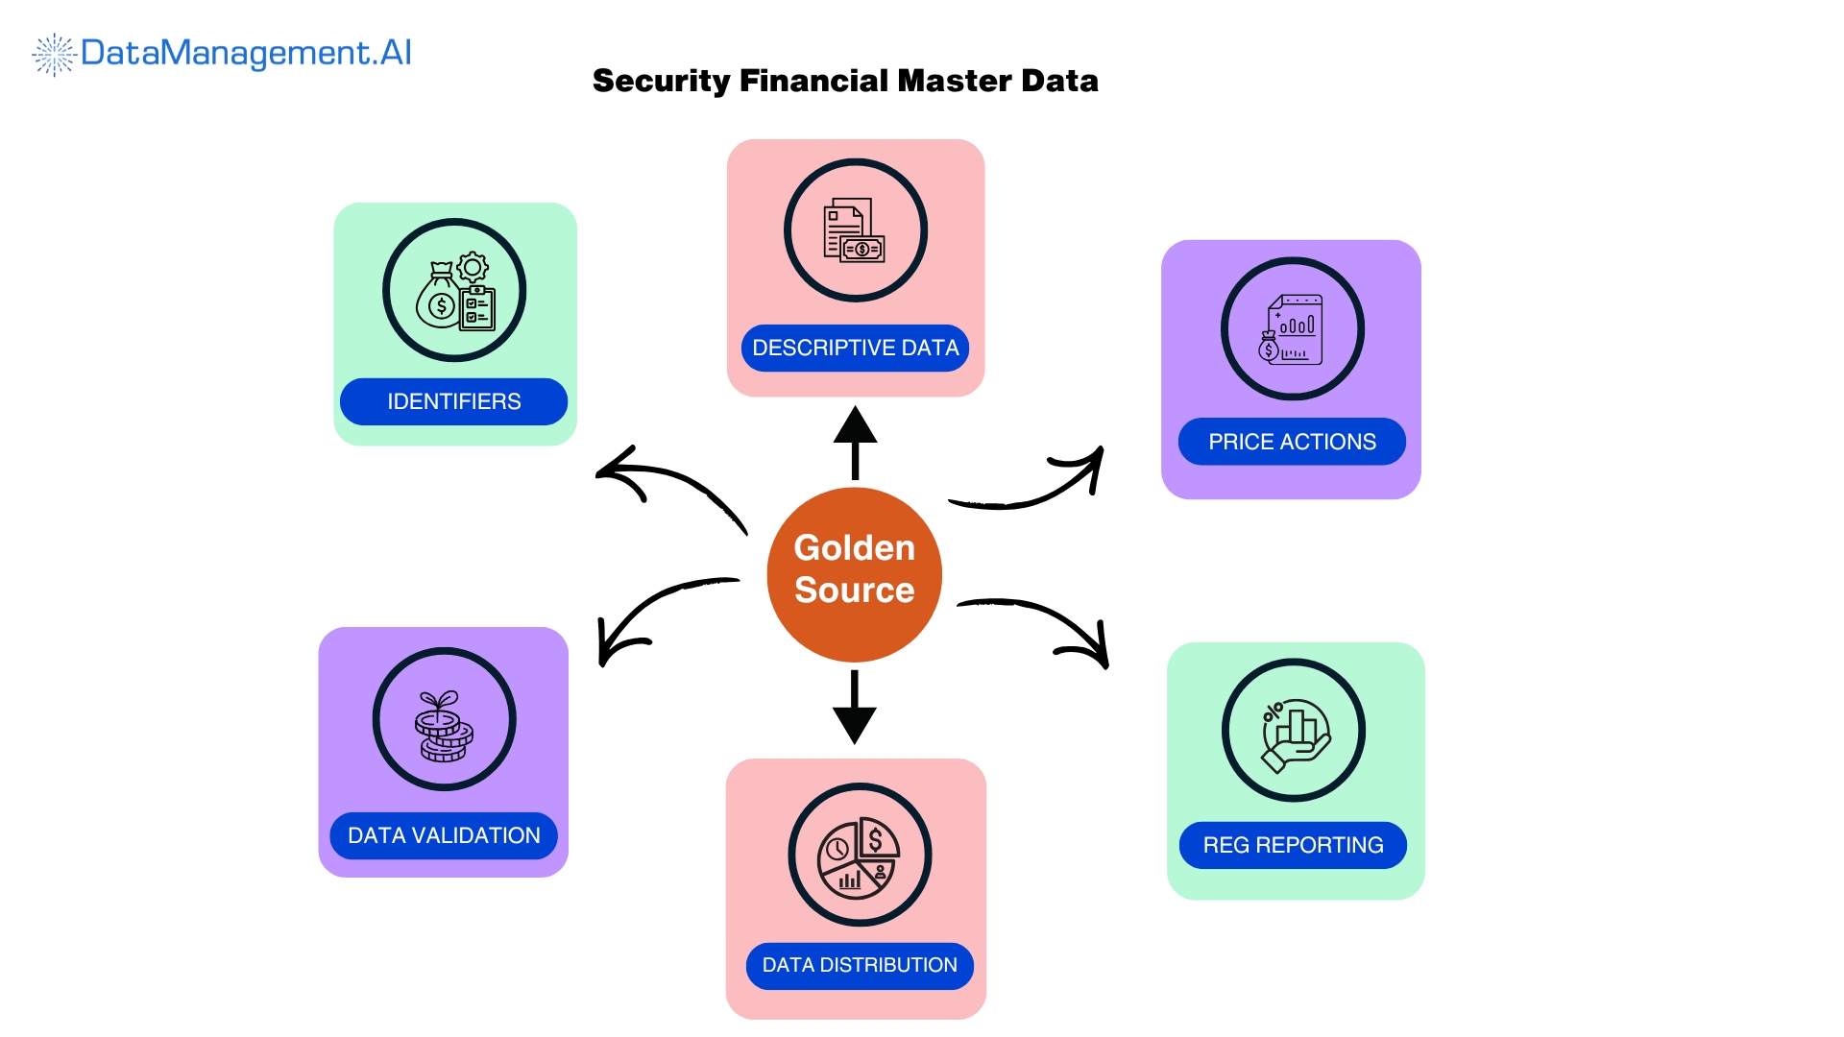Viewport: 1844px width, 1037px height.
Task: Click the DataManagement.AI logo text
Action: pos(246,53)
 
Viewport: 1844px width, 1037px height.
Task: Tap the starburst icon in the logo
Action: pos(54,55)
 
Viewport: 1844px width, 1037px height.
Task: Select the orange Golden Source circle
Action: pos(854,574)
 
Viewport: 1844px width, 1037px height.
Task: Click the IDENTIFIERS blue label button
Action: pos(453,401)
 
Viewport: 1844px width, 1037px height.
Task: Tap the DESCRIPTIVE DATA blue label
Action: pos(855,348)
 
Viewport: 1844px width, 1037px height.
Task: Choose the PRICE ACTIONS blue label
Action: pos(1292,442)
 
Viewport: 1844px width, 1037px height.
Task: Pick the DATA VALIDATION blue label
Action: pos(444,835)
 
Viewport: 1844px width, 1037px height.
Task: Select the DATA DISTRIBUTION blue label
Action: pos(860,965)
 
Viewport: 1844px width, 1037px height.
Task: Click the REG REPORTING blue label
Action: pos(1293,845)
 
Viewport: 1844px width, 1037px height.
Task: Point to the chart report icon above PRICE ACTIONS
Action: pos(1293,328)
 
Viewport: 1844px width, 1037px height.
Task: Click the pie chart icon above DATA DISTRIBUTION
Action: pos(859,856)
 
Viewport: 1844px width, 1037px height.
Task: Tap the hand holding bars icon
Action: pos(1294,731)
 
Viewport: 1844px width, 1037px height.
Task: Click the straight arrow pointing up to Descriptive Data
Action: pos(855,442)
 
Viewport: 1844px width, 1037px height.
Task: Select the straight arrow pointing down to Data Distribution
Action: pos(854,709)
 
